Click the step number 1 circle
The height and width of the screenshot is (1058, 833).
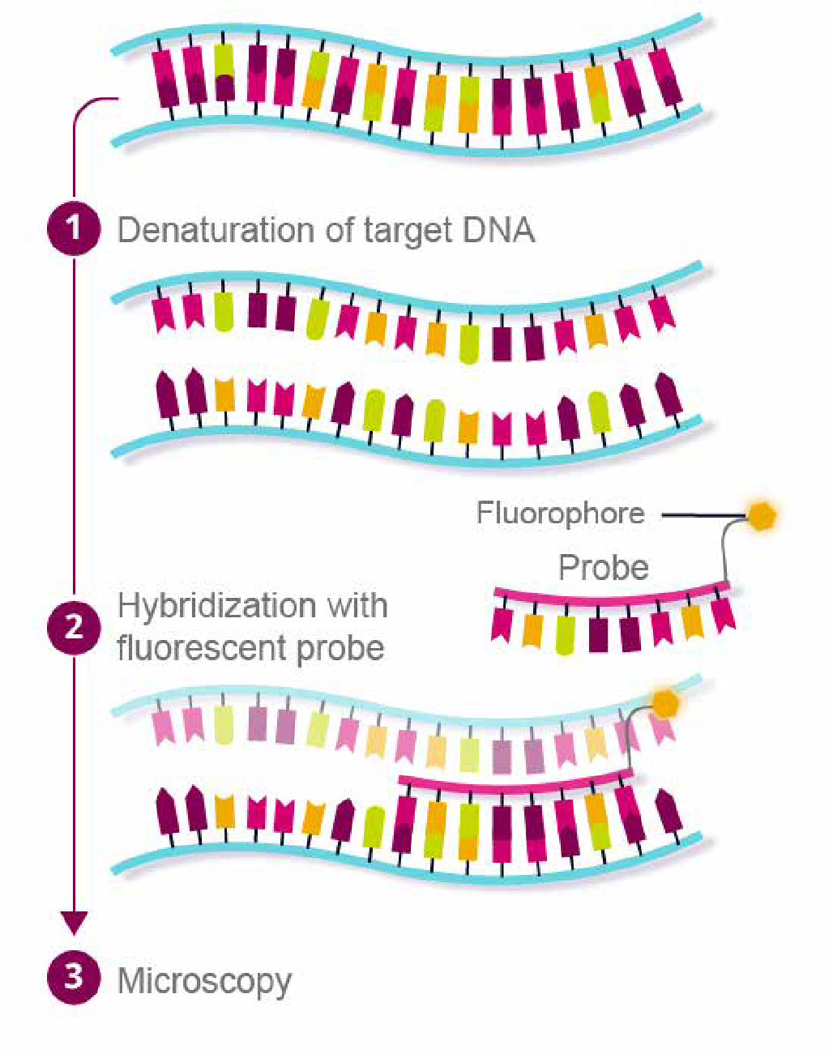[74, 229]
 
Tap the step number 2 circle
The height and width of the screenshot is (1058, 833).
[74, 627]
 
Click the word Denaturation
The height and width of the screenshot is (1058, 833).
[214, 231]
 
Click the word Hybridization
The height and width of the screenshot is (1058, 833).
[215, 607]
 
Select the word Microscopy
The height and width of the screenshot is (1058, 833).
[204, 982]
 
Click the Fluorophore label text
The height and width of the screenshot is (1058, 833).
[560, 514]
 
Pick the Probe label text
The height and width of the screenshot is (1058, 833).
[604, 568]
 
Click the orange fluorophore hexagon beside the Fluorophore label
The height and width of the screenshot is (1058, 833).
[761, 515]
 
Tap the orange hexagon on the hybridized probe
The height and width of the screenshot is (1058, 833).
[665, 703]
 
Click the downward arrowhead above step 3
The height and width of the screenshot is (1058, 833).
[74, 922]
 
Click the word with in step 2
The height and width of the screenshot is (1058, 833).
[357, 606]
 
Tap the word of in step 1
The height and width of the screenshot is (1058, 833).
[339, 231]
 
